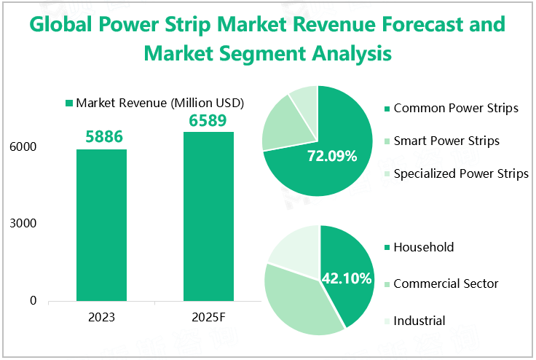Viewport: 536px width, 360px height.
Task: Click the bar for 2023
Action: pyautogui.click(x=101, y=224)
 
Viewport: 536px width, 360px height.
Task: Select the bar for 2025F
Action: pyautogui.click(x=208, y=216)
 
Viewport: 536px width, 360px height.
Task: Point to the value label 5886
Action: pyautogui.click(x=101, y=136)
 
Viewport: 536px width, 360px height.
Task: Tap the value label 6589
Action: pyautogui.click(x=208, y=120)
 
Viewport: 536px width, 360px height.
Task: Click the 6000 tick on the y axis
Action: pyautogui.click(x=23, y=147)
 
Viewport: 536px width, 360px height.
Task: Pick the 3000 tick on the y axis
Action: pyautogui.click(x=23, y=224)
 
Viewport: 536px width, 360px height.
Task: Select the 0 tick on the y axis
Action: pyautogui.click(x=33, y=300)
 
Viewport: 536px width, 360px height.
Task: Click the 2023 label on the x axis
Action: pyautogui.click(x=101, y=318)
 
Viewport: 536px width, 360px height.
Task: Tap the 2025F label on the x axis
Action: pyautogui.click(x=208, y=318)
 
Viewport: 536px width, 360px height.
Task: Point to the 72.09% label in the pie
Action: pyautogui.click(x=332, y=156)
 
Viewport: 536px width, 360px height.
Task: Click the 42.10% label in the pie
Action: pyautogui.click(x=347, y=278)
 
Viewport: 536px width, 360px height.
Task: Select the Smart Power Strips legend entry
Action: pyautogui.click(x=446, y=141)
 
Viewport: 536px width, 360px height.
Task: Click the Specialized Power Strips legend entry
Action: pyautogui.click(x=460, y=173)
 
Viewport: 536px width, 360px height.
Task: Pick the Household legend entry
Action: pyautogui.click(x=423, y=247)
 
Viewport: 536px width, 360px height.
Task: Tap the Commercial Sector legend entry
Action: pyautogui.click(x=445, y=283)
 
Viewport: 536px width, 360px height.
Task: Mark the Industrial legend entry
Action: pyautogui.click(x=419, y=320)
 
